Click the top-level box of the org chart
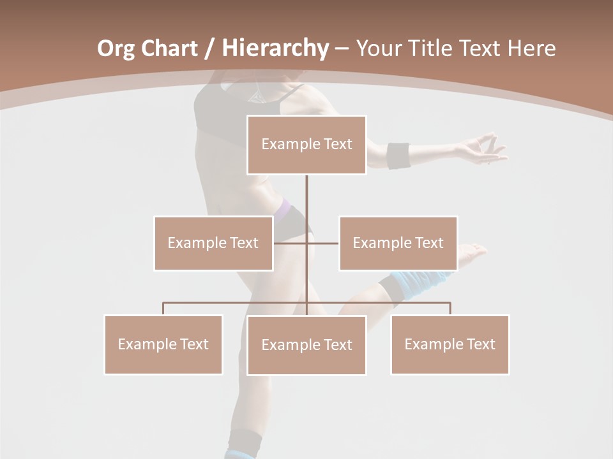tap(306, 145)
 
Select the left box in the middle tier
tap(213, 243)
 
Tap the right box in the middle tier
tap(398, 243)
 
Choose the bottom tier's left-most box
tap(163, 344)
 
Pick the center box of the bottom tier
tap(306, 345)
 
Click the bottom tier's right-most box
tap(450, 344)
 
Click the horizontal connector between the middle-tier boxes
tap(306, 243)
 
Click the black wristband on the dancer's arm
tap(398, 156)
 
